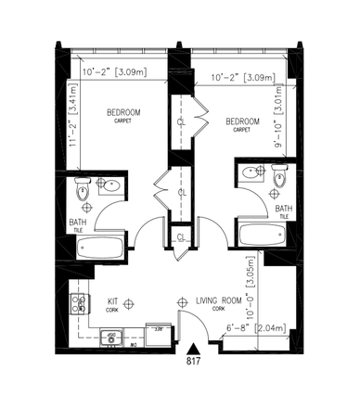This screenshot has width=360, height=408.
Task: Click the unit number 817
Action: pyautogui.click(x=194, y=361)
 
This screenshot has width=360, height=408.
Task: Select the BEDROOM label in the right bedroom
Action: pyautogui.click(x=242, y=121)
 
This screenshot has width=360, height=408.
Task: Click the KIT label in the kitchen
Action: pyautogui.click(x=113, y=300)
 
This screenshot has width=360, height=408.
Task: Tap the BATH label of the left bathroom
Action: pyautogui.click(x=78, y=223)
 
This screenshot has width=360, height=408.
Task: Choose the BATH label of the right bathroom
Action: pyautogui.click(x=284, y=210)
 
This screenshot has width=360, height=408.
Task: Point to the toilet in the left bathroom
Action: pyautogui.click(x=83, y=193)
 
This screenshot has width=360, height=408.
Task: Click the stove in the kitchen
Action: pyautogui.click(x=79, y=301)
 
